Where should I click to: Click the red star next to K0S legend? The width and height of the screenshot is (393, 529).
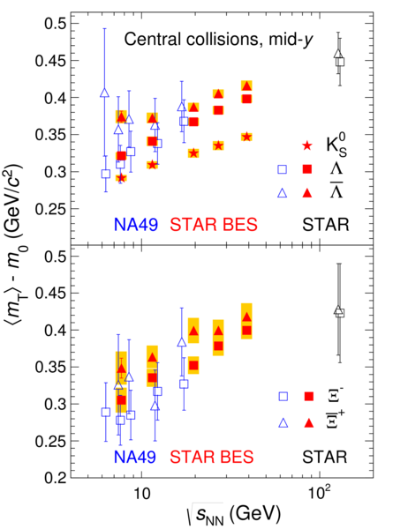[306, 145]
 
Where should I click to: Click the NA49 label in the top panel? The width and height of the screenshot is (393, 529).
[136, 224]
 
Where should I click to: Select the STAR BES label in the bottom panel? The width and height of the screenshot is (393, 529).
[212, 457]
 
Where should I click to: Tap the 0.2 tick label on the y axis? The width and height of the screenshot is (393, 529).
[56, 478]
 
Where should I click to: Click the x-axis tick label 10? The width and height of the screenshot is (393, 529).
[142, 494]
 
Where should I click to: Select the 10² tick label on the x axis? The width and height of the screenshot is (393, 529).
[319, 493]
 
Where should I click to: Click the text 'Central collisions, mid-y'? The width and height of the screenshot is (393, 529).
[219, 39]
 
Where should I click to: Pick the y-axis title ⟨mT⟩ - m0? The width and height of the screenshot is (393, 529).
[16, 244]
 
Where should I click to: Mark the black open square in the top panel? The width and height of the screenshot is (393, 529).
[340, 62]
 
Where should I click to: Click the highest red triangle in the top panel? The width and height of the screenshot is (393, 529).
[247, 86]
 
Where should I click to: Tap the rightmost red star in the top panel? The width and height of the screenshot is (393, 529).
[247, 137]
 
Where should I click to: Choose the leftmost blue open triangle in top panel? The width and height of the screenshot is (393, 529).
[105, 93]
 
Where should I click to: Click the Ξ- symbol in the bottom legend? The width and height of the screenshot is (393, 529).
[333, 397]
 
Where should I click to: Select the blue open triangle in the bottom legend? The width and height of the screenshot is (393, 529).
[283, 422]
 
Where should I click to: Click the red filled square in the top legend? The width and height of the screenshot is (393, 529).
[307, 169]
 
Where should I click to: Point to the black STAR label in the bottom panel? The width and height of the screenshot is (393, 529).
[325, 457]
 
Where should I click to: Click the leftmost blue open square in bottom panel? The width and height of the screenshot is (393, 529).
[106, 412]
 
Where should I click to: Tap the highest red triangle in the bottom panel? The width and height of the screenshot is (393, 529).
[247, 317]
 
